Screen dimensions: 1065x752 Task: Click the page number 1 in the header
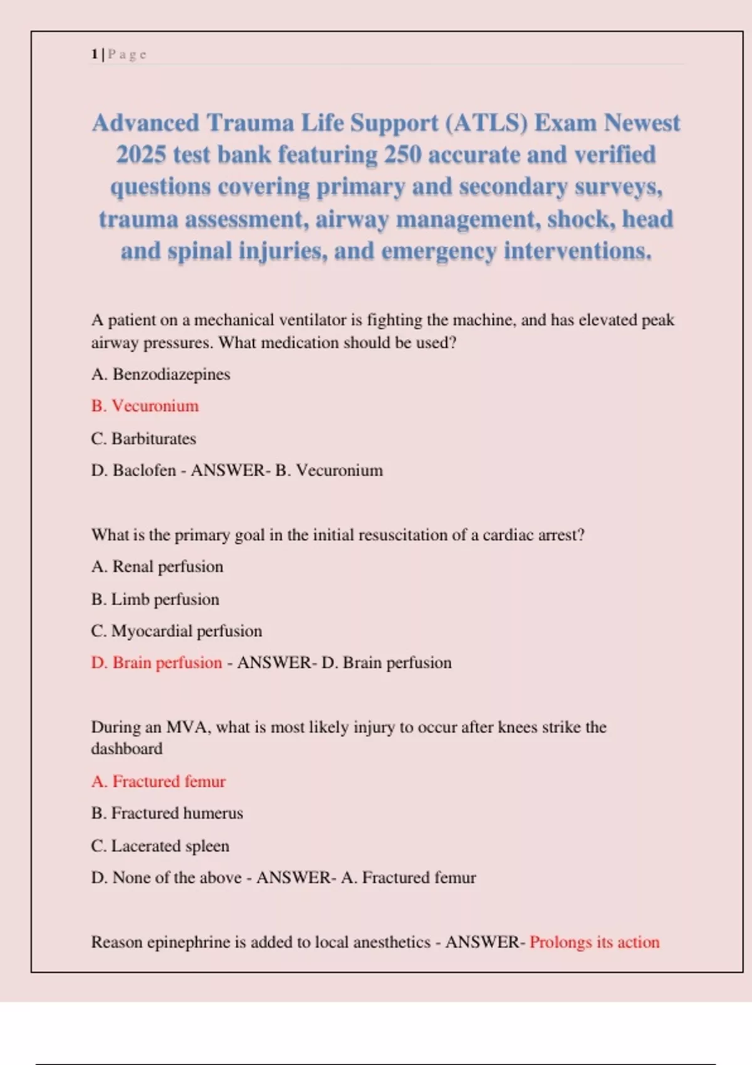point(94,55)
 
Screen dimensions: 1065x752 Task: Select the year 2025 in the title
point(141,155)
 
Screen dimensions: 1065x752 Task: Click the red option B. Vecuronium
point(145,406)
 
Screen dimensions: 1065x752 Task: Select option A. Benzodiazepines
point(160,374)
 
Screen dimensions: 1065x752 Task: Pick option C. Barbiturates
point(144,439)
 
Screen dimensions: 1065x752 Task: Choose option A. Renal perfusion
point(157,566)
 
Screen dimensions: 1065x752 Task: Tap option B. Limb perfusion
point(155,600)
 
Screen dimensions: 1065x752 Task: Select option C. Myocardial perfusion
point(177,631)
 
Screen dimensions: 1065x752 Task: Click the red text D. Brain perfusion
point(157,663)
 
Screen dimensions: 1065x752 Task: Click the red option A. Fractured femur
point(159,781)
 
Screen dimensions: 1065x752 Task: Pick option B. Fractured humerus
point(167,813)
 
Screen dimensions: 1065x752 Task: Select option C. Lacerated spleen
point(160,846)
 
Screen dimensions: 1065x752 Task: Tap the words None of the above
point(177,878)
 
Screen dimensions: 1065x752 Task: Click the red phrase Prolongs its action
point(594,942)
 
